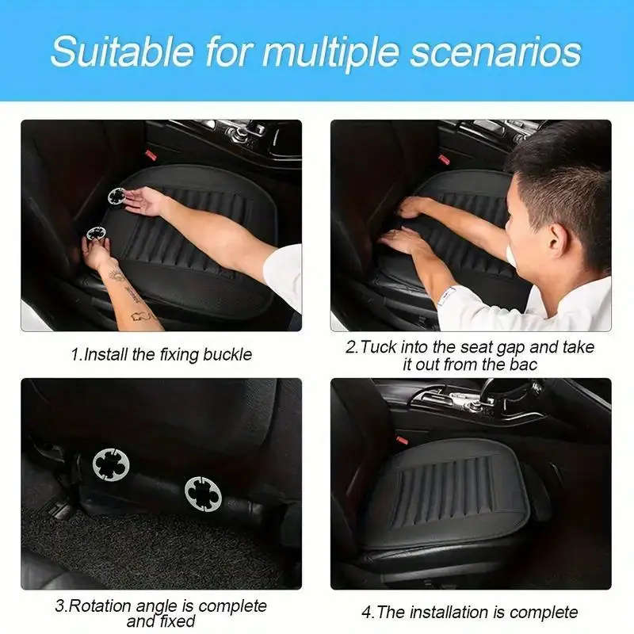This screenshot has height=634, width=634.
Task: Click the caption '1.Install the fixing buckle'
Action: point(161,354)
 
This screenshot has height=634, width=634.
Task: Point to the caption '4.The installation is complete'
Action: point(470,612)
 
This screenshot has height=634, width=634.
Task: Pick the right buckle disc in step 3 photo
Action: point(203,493)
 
